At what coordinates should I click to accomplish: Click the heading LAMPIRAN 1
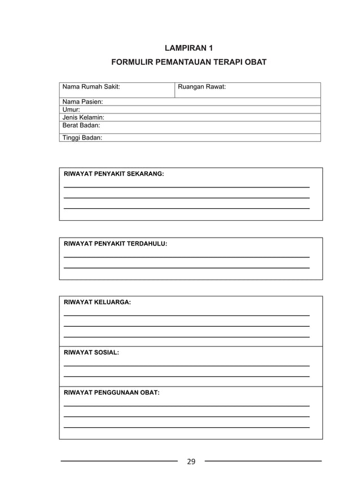tap(188, 48)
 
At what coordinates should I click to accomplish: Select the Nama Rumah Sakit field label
tap(91, 87)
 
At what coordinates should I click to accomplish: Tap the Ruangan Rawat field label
tap(201, 87)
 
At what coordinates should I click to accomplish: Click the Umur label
tap(71, 109)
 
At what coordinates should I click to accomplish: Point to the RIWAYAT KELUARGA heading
tap(97, 303)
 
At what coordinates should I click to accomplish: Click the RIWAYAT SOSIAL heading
tap(91, 352)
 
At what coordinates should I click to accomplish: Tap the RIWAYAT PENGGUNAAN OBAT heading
tap(112, 392)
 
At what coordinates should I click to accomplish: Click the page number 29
tap(191, 462)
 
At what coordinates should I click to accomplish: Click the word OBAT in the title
tap(255, 62)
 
